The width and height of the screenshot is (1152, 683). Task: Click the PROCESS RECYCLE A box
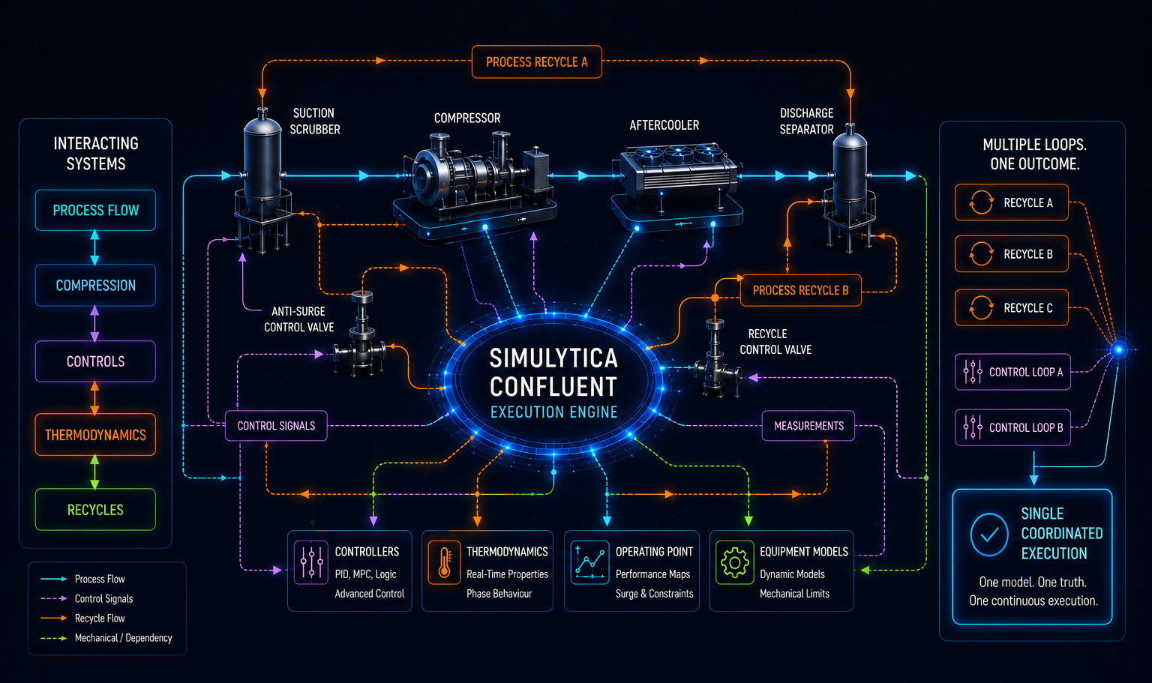tap(536, 61)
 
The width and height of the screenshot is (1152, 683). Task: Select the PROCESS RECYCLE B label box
tap(801, 290)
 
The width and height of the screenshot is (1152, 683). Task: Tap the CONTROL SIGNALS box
tap(276, 426)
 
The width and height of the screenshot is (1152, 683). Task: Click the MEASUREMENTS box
tap(808, 426)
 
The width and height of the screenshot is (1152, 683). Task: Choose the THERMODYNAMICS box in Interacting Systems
tap(95, 435)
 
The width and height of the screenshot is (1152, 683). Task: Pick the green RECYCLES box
tap(95, 509)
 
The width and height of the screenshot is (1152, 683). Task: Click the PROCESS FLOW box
tap(95, 210)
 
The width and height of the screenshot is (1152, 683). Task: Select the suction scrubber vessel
tap(262, 180)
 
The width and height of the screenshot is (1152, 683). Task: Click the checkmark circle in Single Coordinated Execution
tap(989, 535)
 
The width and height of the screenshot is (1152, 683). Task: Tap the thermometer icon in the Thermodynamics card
tap(444, 562)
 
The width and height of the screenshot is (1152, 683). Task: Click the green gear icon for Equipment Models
tap(734, 562)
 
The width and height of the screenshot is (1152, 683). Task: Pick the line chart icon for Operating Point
tap(589, 562)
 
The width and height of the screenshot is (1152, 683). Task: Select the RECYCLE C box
tap(1012, 308)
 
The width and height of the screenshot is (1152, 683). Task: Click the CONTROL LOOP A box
tap(1012, 372)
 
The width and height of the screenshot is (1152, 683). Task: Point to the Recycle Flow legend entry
tap(82, 619)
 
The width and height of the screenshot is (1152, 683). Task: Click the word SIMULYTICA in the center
tap(553, 358)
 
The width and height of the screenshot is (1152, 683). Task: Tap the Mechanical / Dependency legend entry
tap(106, 638)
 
